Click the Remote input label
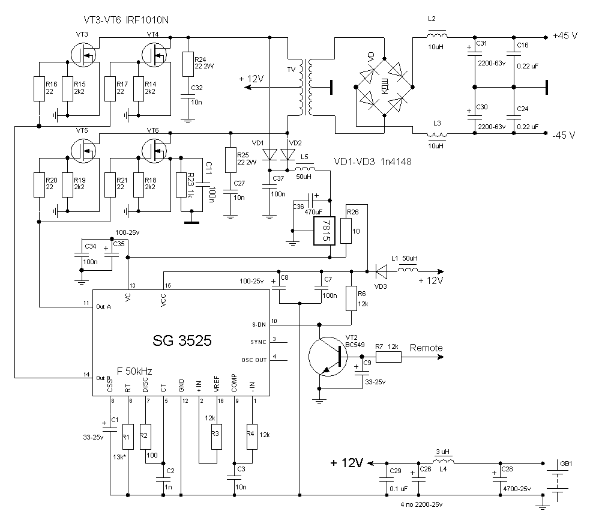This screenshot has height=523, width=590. pyautogui.click(x=426, y=348)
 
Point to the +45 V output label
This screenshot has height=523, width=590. pyautogui.click(x=564, y=36)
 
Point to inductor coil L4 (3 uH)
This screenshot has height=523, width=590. pyautogui.click(x=443, y=462)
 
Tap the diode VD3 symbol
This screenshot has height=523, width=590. pyautogui.click(x=380, y=271)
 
